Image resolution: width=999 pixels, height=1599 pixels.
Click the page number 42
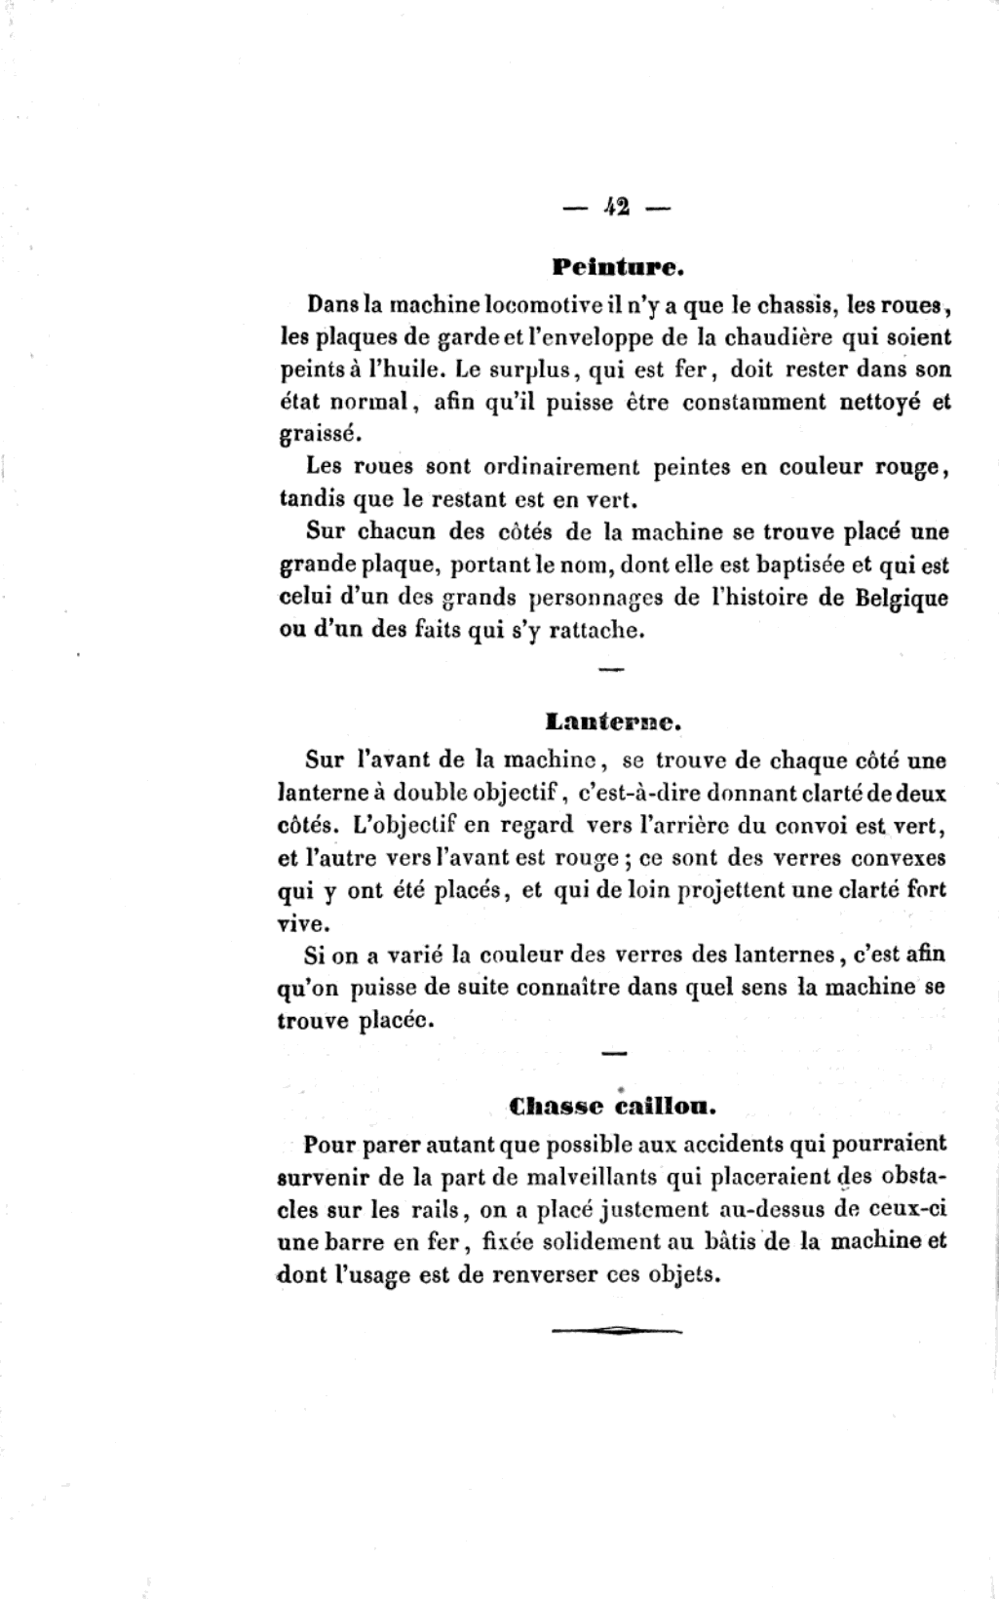coord(616,206)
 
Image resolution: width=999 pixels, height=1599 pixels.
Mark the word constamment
coord(751,402)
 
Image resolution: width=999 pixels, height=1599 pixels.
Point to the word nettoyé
coord(880,402)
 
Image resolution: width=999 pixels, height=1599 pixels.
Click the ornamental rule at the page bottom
coord(616,1328)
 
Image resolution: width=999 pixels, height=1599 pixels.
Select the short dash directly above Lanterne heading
coord(610,670)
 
